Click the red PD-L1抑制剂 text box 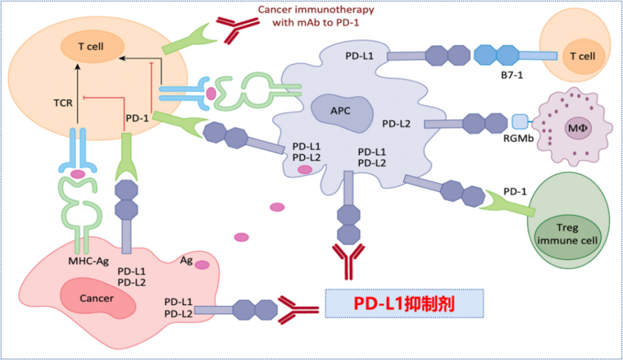click(404, 303)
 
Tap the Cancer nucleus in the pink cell click(96, 298)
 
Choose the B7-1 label click(511, 85)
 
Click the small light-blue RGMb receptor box click(521, 122)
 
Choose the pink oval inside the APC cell click(305, 170)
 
